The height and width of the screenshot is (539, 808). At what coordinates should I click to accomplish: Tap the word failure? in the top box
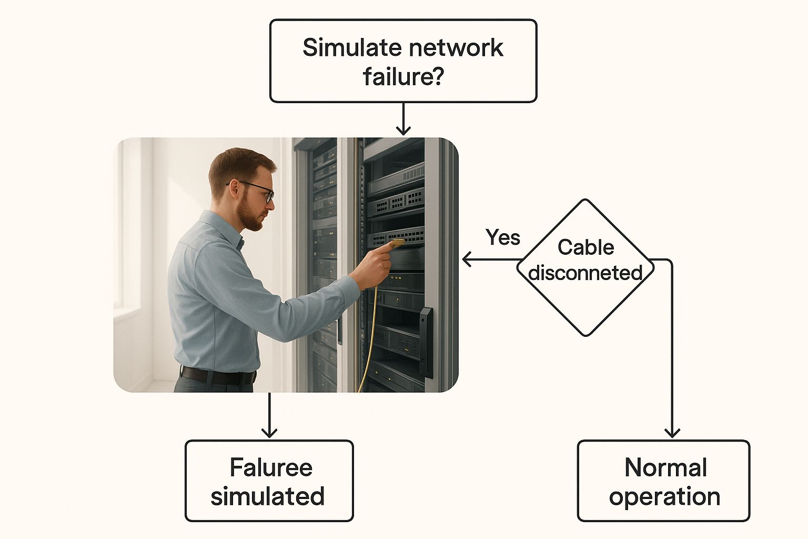(x=403, y=76)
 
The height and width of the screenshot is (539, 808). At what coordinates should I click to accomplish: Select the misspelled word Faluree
(x=271, y=467)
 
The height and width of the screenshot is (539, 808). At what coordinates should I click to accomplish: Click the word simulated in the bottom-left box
(x=267, y=496)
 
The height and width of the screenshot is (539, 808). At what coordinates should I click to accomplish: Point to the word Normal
(x=665, y=467)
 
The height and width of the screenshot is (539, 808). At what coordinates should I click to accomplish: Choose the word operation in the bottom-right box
(x=664, y=497)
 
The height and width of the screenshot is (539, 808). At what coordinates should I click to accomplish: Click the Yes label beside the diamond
(x=503, y=237)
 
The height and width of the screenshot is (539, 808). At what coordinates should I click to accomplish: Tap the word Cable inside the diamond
(x=585, y=247)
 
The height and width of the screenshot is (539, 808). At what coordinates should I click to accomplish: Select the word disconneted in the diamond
(x=585, y=273)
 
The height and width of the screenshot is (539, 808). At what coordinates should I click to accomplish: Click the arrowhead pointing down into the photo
(x=403, y=131)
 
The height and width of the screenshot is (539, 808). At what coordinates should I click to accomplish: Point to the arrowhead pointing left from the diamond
(x=467, y=259)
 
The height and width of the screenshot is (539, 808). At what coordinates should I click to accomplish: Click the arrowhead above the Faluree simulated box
(x=269, y=433)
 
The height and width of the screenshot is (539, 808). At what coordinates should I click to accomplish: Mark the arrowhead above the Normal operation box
(x=672, y=433)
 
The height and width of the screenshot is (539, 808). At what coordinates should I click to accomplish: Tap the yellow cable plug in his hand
(x=396, y=243)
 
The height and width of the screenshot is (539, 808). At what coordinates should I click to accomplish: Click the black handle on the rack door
(x=426, y=342)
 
